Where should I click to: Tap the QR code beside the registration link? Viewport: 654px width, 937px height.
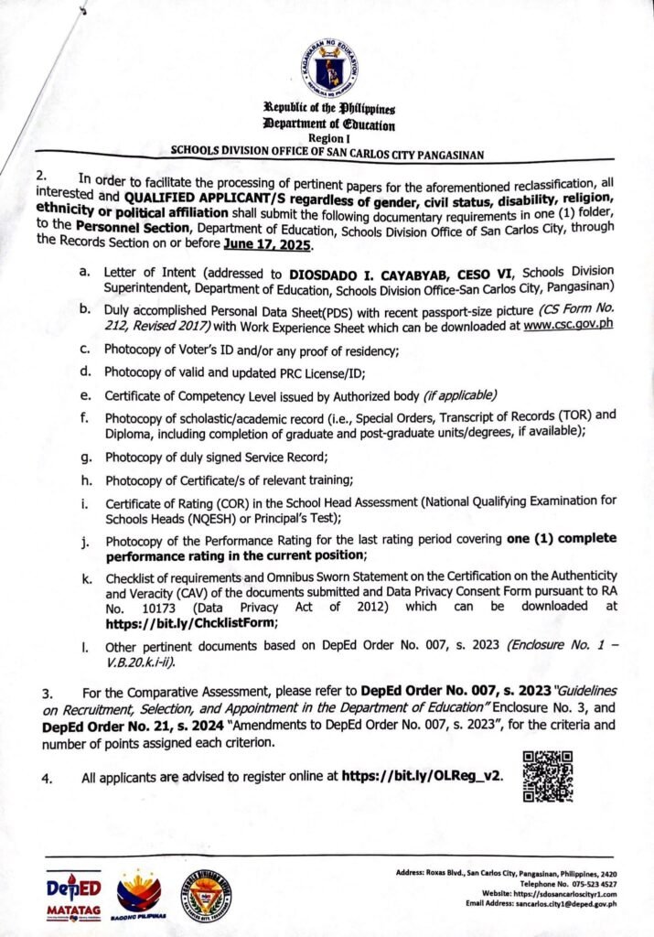547,776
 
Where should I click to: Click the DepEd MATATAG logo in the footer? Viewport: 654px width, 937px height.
73,894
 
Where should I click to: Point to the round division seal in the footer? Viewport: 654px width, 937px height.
205,892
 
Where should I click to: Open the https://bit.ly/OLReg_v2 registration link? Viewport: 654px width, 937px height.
422,778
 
